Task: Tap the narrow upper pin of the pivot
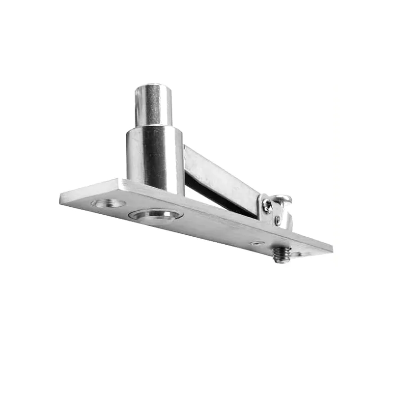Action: coord(153,106)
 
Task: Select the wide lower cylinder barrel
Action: coord(155,157)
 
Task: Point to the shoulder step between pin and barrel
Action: coord(154,126)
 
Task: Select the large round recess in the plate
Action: coord(156,215)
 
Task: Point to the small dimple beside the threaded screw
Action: coord(256,243)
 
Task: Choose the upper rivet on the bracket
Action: coord(268,205)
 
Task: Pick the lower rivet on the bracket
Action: coord(278,220)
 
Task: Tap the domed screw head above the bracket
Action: coord(282,199)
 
